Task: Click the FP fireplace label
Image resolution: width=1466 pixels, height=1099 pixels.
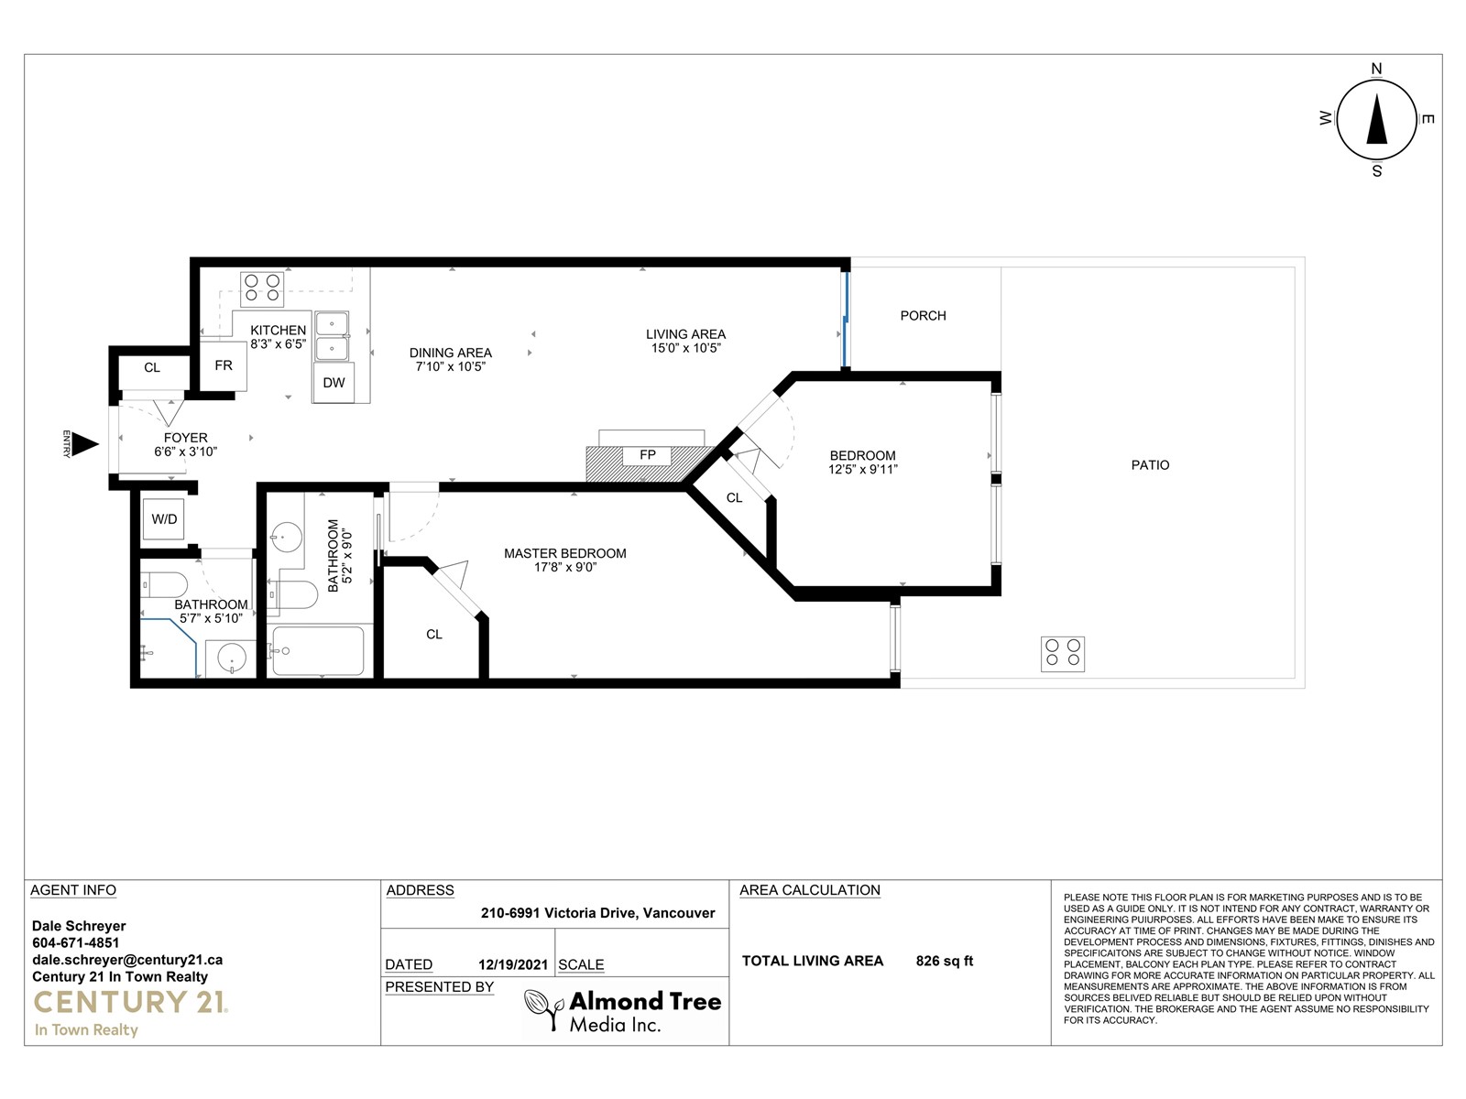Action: click(647, 455)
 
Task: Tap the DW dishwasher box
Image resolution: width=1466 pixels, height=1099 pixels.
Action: click(334, 382)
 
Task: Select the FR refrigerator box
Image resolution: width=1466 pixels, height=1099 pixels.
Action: click(224, 365)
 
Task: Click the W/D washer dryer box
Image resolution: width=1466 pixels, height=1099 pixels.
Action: click(164, 519)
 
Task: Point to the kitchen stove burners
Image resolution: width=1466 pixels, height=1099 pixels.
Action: click(262, 288)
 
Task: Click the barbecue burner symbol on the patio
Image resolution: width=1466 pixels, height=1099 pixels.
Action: click(1063, 653)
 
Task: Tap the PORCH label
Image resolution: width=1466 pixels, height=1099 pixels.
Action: click(923, 316)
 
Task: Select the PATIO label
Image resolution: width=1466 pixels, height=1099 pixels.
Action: click(1150, 465)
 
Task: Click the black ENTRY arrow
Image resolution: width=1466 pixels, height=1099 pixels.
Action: click(85, 444)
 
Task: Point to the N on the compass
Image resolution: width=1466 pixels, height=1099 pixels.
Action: click(1376, 69)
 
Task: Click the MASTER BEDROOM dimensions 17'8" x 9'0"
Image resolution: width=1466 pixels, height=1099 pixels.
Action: click(565, 567)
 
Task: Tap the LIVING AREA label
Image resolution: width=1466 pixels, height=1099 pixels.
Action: click(686, 334)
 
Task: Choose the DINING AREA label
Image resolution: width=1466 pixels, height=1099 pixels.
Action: click(451, 353)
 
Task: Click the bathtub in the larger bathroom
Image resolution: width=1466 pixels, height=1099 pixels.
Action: click(319, 651)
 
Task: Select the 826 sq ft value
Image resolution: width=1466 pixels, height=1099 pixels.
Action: click(945, 961)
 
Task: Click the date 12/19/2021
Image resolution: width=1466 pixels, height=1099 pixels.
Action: click(513, 965)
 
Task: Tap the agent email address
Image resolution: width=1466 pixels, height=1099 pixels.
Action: click(127, 960)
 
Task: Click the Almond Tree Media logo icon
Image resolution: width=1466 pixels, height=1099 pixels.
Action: click(544, 1009)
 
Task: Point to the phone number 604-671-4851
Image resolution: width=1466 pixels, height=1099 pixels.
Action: click(75, 943)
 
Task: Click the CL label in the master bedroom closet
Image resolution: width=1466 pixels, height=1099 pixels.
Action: click(434, 635)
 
